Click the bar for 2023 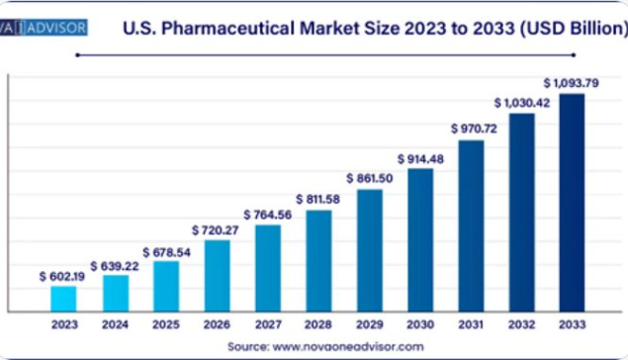[x=63, y=299]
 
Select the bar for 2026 [x=217, y=276]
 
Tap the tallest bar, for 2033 [x=572, y=203]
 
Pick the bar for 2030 [x=420, y=240]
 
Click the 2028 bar [x=318, y=261]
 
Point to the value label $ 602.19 [x=62, y=276]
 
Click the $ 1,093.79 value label [x=571, y=83]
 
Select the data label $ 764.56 [x=268, y=215]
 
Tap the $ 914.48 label [x=420, y=159]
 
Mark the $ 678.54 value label [x=166, y=252]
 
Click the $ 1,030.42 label [x=522, y=103]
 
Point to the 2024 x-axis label [x=115, y=324]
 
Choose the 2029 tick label [x=369, y=324]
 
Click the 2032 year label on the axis [x=521, y=324]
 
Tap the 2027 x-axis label [x=268, y=324]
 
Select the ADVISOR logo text [x=57, y=28]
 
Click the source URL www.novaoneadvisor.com [x=348, y=346]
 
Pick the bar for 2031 [x=471, y=225]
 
